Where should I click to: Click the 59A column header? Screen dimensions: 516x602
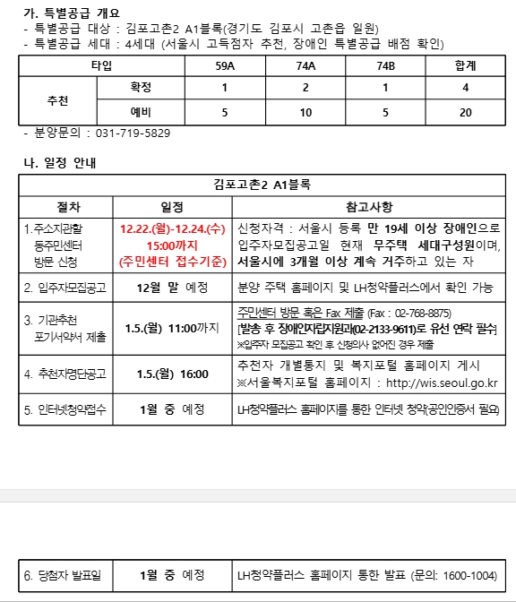(225, 65)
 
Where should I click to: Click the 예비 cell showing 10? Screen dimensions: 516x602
(305, 112)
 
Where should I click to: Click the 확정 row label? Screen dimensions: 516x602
(141, 89)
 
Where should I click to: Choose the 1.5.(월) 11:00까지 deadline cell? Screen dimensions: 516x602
(173, 329)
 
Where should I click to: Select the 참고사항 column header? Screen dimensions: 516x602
(367, 205)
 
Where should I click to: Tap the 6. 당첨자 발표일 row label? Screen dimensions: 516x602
(63, 574)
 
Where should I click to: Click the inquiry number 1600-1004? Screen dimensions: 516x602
(470, 574)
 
